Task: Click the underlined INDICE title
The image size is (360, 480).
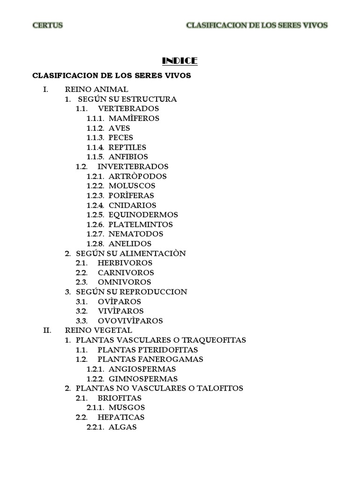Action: (180, 61)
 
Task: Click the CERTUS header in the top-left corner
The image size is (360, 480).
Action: (47, 25)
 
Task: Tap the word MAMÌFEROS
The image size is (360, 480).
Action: (134, 119)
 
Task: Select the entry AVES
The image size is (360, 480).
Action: (119, 128)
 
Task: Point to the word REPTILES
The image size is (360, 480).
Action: (127, 147)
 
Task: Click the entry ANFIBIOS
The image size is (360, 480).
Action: (128, 157)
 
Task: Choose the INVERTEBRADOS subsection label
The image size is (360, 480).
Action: (133, 166)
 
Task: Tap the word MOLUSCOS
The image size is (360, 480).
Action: (132, 186)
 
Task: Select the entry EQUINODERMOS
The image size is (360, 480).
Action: (143, 215)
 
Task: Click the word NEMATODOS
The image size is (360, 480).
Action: (135, 234)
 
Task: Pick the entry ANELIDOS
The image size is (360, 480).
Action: (130, 244)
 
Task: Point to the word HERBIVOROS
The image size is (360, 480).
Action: (125, 263)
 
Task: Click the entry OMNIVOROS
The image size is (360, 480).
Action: (124, 282)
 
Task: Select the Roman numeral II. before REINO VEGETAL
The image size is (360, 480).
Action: (47, 330)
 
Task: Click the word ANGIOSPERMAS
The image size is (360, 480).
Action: (142, 369)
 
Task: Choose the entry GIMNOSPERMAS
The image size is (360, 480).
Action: (143, 379)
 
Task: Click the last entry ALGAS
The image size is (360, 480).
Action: (122, 427)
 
